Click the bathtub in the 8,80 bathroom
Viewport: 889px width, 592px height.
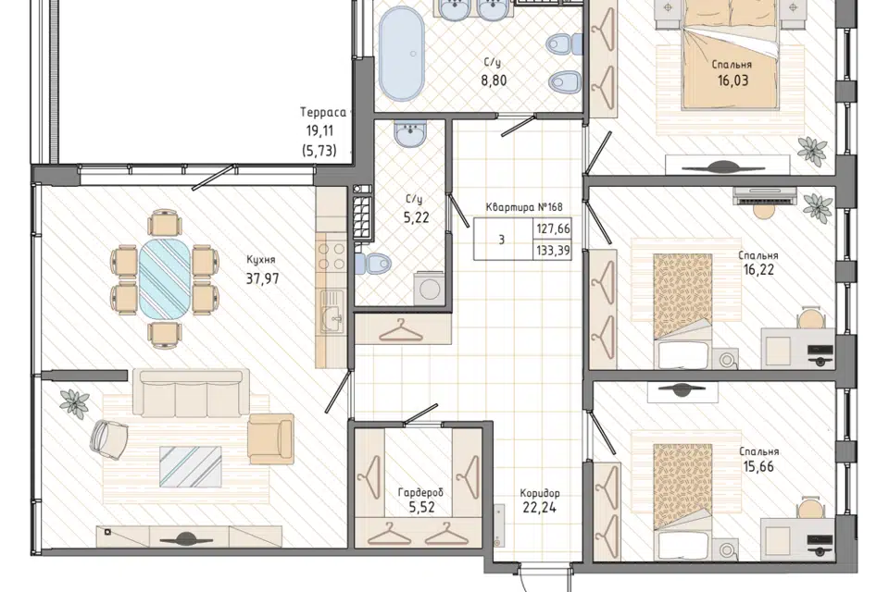coord(401,54)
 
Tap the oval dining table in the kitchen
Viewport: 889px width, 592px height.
coord(165,278)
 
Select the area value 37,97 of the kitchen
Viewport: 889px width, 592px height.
coord(262,278)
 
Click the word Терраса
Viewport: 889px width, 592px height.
coord(323,113)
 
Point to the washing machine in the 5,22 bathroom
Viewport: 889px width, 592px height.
coord(429,289)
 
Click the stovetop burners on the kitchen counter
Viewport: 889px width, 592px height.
coord(332,256)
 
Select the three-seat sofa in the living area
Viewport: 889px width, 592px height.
coord(191,393)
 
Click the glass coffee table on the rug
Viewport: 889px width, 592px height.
coord(191,466)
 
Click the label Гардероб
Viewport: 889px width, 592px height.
coord(420,492)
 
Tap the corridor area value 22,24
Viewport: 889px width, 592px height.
coord(539,508)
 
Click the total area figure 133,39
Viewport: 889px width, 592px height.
coord(553,251)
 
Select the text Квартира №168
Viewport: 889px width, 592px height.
coord(524,207)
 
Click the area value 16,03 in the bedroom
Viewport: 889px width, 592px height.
coord(732,80)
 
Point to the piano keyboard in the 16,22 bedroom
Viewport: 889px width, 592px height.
coord(765,196)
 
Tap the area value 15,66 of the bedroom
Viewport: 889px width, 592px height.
coord(758,467)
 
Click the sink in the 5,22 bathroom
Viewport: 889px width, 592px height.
coord(410,134)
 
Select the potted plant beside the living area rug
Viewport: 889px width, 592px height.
coord(75,402)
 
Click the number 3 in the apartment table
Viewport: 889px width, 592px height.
coord(502,240)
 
